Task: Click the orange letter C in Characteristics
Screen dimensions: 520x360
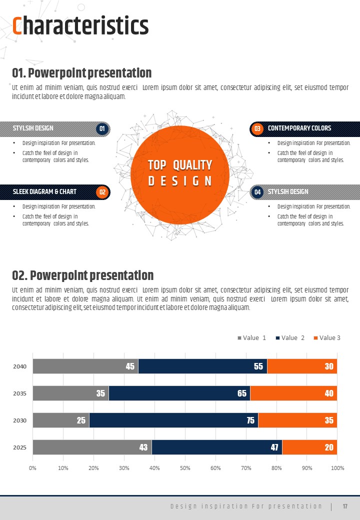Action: pyautogui.click(x=17, y=26)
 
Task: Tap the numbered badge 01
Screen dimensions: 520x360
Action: pyautogui.click(x=102, y=129)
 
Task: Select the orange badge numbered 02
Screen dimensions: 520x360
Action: pyautogui.click(x=102, y=192)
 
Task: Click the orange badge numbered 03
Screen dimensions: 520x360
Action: pyautogui.click(x=257, y=129)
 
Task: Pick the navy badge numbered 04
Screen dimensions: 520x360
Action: pyautogui.click(x=257, y=192)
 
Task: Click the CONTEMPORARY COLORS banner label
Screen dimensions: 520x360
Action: pyautogui.click(x=299, y=128)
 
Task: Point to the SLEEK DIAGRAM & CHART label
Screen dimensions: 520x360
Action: pyautogui.click(x=44, y=192)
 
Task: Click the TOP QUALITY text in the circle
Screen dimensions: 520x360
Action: pyautogui.click(x=180, y=165)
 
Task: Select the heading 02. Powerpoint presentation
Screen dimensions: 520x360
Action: pyautogui.click(x=82, y=275)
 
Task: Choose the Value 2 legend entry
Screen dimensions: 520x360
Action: pyautogui.click(x=290, y=338)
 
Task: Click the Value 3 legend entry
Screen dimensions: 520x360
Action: pyautogui.click(x=327, y=338)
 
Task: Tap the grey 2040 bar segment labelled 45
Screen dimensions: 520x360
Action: pyautogui.click(x=85, y=366)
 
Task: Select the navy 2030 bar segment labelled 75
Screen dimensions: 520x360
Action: pyautogui.click(x=173, y=420)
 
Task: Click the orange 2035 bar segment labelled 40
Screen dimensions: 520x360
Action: pyautogui.click(x=293, y=393)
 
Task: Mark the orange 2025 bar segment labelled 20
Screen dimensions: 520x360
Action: pyautogui.click(x=309, y=447)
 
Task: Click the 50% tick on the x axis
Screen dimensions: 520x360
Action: pyautogui.click(x=185, y=468)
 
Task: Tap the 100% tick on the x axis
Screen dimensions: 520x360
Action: pyautogui.click(x=337, y=468)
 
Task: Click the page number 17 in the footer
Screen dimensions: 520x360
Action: pyautogui.click(x=345, y=506)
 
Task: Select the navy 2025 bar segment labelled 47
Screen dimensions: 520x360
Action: pyautogui.click(x=217, y=447)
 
